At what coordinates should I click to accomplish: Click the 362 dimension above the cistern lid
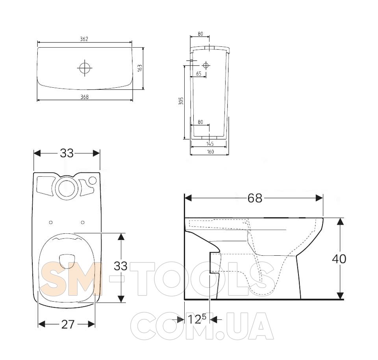point(84,39)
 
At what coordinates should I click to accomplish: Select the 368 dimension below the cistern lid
point(84,97)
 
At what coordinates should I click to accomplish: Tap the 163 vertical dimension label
point(140,68)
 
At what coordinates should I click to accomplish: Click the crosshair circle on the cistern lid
point(85,68)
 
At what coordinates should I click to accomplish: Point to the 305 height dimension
point(181,101)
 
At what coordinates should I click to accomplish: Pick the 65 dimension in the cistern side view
point(198,74)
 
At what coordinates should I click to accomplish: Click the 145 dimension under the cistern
point(210,144)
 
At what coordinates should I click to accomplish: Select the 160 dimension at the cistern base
point(210,151)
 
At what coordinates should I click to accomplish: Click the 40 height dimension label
point(339,259)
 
